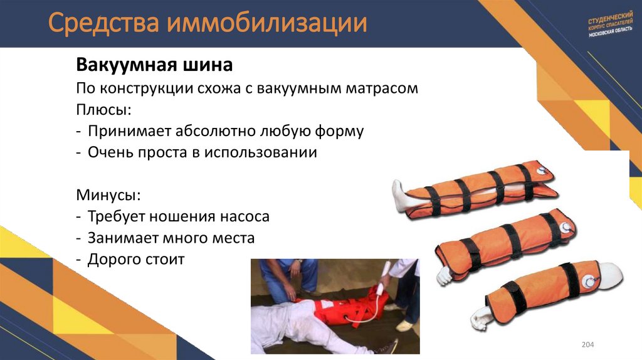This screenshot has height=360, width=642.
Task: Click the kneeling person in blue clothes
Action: pos(289,276)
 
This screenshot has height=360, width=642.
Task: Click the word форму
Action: pos(341,131)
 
